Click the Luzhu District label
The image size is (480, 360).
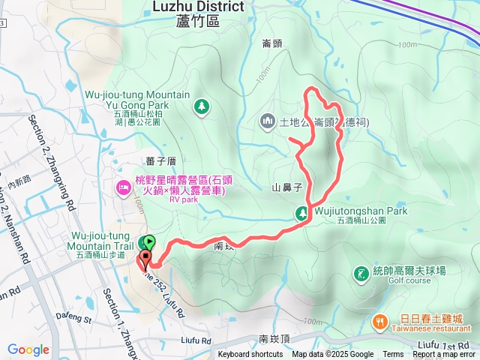coord(198,7)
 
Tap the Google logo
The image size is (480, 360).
coord(28,349)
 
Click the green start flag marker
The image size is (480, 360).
coord(150,242)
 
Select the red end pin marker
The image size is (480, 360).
coord(144,259)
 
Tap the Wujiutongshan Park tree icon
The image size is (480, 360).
coord(301,213)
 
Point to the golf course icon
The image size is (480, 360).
coord(361,273)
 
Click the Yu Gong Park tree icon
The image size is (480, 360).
coord(201,106)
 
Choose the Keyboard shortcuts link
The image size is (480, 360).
coord(250,355)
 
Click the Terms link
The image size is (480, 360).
coord(393,355)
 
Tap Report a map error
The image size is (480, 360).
coord(444,355)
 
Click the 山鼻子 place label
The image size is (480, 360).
coord(286,187)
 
